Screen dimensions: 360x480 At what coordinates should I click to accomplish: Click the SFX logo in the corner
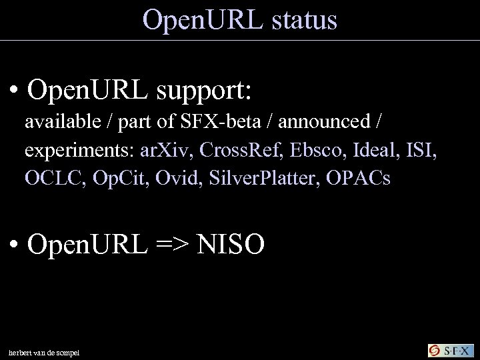449,350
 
